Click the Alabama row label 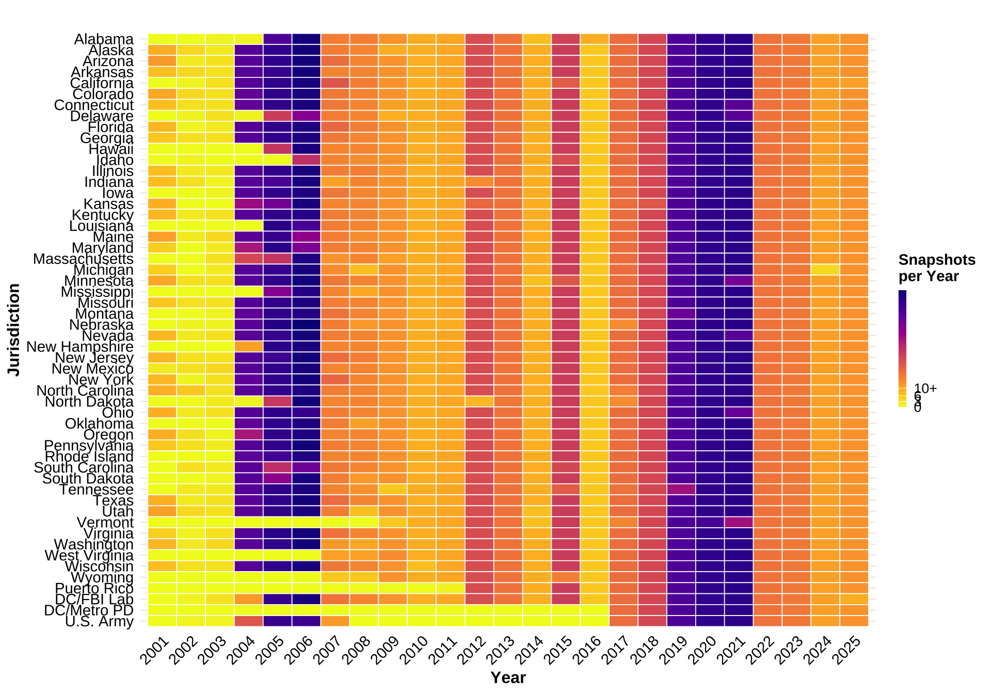tap(104, 39)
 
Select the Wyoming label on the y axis tap(102, 577)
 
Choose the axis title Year tap(508, 677)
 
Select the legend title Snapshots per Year tap(936, 268)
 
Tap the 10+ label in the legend tap(925, 388)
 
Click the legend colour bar tap(902, 349)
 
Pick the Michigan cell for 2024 tap(825, 270)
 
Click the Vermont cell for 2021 tap(739, 523)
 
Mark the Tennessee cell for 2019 tap(681, 490)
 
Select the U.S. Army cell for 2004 tap(249, 621)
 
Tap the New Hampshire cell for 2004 tap(249, 346)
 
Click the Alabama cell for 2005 tap(278, 39)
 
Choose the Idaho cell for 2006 tap(306, 160)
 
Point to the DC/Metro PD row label tap(89, 610)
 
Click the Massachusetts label tap(83, 259)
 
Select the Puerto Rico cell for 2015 tap(566, 588)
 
